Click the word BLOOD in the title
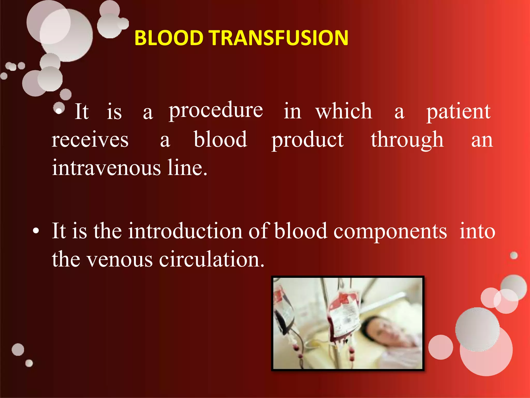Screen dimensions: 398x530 [x=168, y=38]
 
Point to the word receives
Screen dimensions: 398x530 [x=90, y=140]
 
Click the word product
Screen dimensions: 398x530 [x=307, y=140]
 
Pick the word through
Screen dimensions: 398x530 [x=407, y=140]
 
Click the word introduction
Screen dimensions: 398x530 [x=185, y=231]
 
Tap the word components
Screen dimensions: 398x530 [x=390, y=231]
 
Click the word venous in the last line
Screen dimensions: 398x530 [x=119, y=260]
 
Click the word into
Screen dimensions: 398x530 [x=477, y=231]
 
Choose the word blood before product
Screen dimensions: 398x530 [x=220, y=140]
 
